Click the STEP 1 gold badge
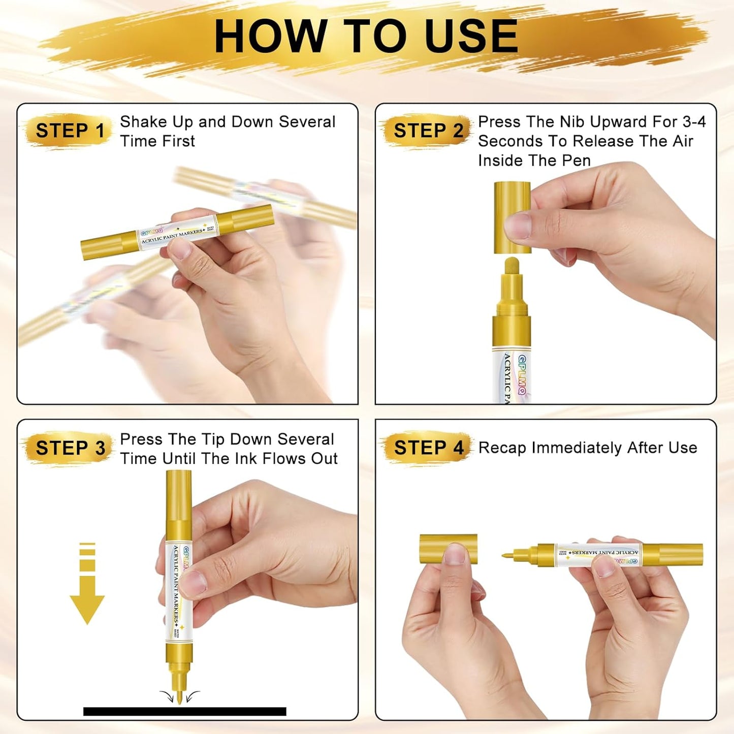point(69,131)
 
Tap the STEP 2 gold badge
point(428,131)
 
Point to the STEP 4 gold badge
point(428,448)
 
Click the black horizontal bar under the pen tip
point(184,711)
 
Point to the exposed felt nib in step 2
point(512,266)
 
